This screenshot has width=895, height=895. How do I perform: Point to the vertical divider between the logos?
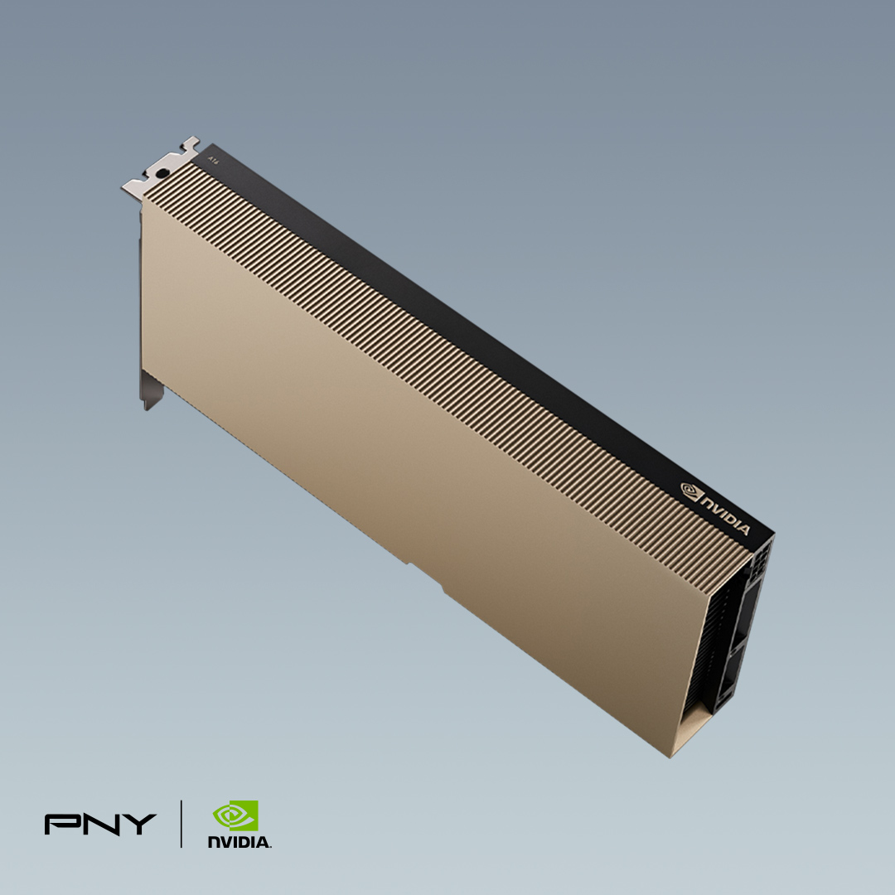pos(181,824)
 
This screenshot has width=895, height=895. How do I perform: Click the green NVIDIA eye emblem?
pos(235,815)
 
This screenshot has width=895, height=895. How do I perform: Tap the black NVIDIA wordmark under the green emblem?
pos(239,842)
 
